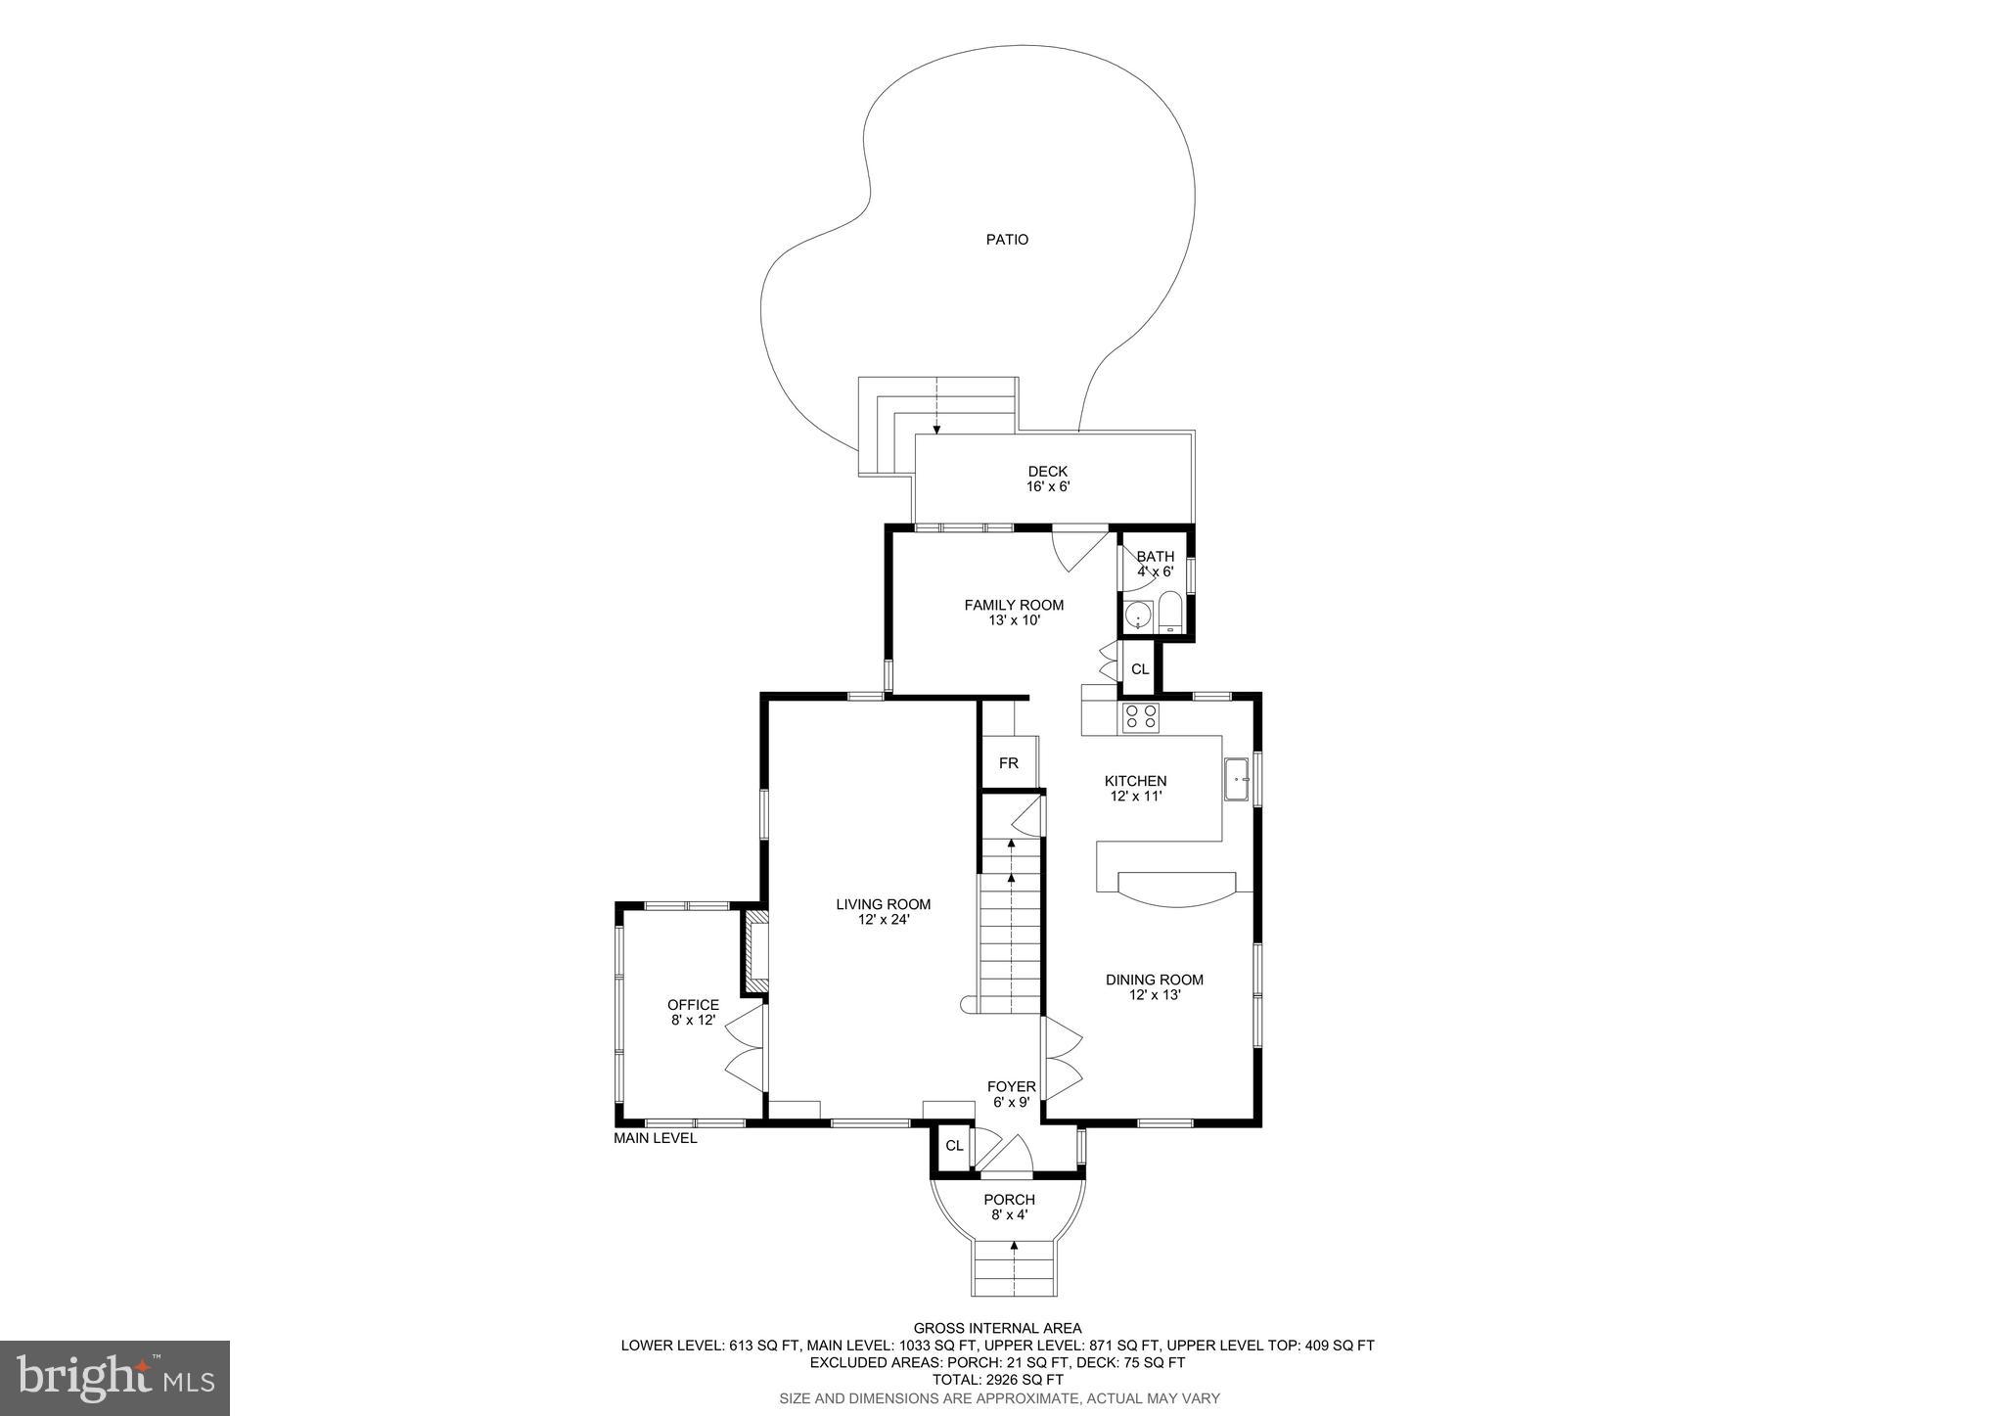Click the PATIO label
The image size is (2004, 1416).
tap(1007, 240)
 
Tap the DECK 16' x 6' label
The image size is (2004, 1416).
tap(1047, 479)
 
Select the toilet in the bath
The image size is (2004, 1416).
tap(1170, 613)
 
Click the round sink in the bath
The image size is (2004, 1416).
tap(1138, 616)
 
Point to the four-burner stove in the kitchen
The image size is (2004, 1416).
tap(1140, 717)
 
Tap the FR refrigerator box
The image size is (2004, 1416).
tap(1008, 763)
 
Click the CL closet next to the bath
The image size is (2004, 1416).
tap(1140, 670)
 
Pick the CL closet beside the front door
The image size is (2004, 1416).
tap(954, 1146)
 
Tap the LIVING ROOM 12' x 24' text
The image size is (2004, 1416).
tap(883, 911)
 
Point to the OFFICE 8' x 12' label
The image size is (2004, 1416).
tap(693, 1012)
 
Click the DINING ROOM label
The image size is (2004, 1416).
tap(1155, 986)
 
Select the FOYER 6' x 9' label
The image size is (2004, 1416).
tap(1011, 1094)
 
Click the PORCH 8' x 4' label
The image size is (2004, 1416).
tap(1009, 1207)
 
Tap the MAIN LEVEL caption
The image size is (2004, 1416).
tap(656, 1138)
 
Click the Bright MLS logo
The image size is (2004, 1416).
tap(114, 1379)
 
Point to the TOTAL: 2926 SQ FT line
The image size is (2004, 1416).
tap(997, 1379)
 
